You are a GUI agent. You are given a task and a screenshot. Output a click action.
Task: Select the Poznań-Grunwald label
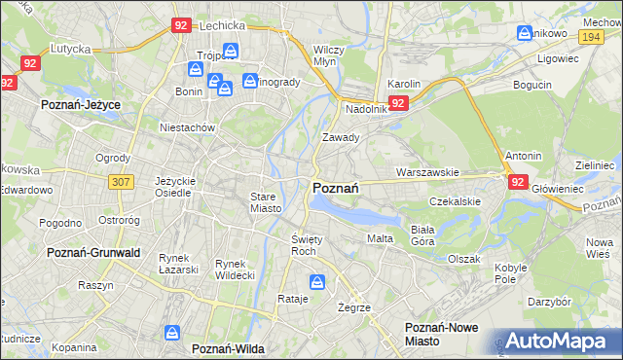pyautogui.click(x=93, y=251)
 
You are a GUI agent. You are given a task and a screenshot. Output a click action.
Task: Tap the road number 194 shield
pyautogui.click(x=590, y=36)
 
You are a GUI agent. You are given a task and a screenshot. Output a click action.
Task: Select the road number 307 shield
pyautogui.click(x=121, y=182)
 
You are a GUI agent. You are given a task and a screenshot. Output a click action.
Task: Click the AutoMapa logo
pyautogui.click(x=555, y=342)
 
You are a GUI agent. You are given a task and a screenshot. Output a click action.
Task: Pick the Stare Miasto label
pyautogui.click(x=264, y=201)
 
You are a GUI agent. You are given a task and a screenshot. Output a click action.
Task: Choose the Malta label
pyautogui.click(x=380, y=238)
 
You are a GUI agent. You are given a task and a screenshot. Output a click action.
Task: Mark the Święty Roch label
pyautogui.click(x=306, y=244)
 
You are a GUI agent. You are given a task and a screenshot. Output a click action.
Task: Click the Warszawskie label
pyautogui.click(x=427, y=172)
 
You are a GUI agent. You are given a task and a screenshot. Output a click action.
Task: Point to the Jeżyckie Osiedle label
pyautogui.click(x=176, y=187)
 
